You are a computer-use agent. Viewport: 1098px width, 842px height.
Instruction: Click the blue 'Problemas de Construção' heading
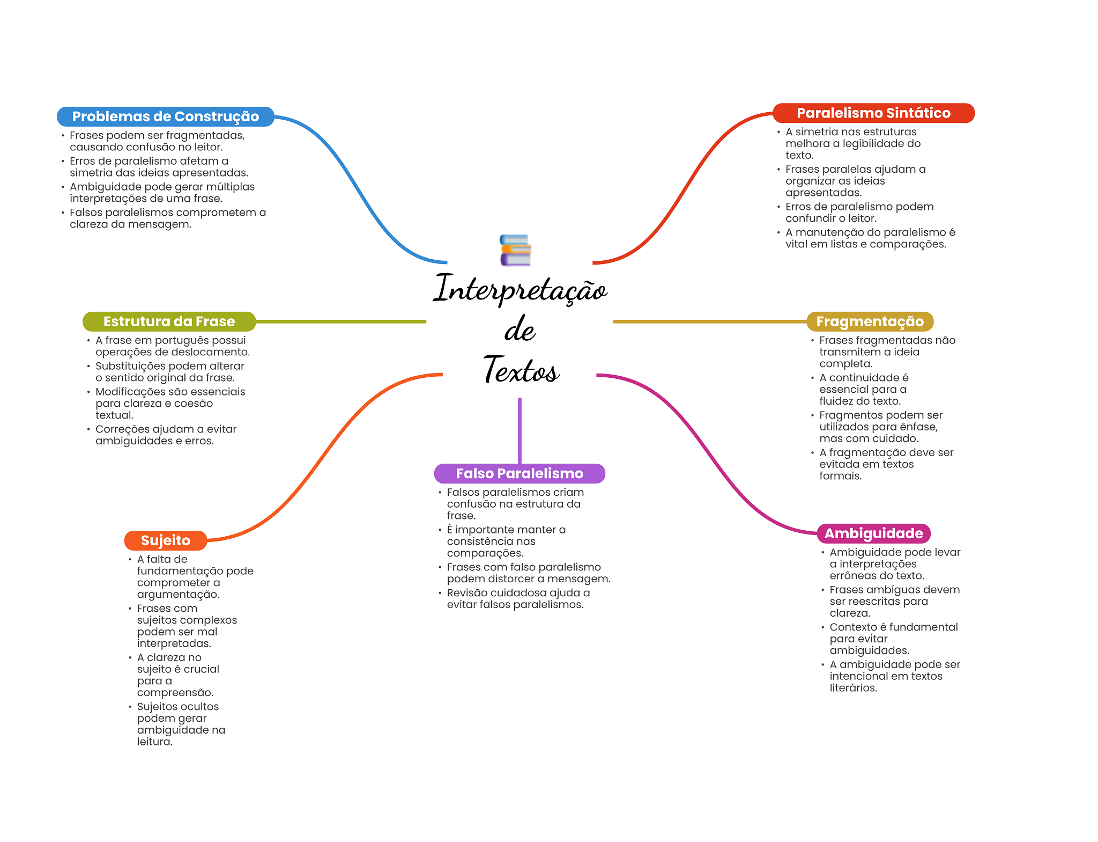(165, 116)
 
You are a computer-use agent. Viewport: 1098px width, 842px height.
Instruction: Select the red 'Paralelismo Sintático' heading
(873, 113)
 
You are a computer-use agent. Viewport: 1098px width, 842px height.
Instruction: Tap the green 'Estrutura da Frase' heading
(169, 321)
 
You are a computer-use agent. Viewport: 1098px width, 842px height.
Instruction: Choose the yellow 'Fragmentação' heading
(870, 321)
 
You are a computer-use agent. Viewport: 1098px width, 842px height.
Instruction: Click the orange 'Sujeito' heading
(165, 540)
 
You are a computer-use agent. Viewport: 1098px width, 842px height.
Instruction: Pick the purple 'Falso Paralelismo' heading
(519, 473)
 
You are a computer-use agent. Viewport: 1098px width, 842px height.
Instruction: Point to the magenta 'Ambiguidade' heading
(873, 533)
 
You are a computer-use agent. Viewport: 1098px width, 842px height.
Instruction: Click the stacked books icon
(515, 250)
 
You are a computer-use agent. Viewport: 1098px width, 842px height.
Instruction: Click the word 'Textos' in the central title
(521, 370)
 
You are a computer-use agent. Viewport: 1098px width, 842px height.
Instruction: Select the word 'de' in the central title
(520, 330)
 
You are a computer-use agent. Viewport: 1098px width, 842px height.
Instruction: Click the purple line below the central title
(520, 429)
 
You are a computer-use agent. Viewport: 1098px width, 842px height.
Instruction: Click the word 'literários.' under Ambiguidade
(853, 688)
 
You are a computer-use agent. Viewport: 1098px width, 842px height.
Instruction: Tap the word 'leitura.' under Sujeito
(154, 742)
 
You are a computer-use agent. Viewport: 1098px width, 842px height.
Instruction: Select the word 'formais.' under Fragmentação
(840, 476)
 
